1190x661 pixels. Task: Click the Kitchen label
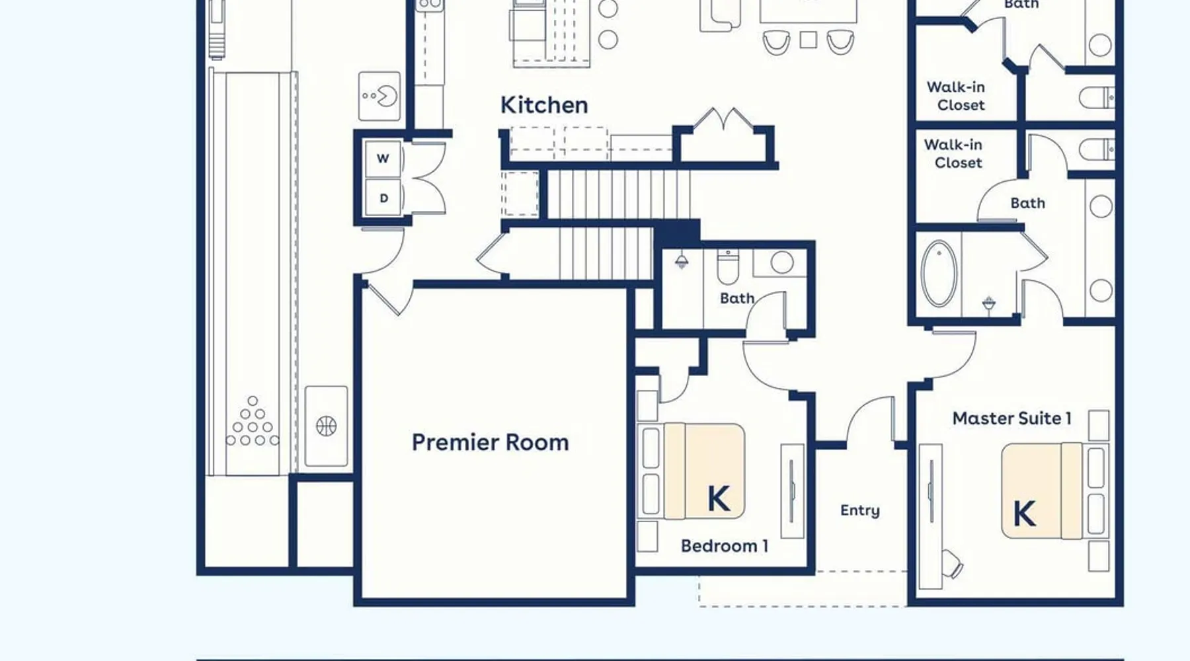544,105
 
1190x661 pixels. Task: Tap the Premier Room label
490,442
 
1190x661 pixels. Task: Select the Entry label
860,510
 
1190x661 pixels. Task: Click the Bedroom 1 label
725,546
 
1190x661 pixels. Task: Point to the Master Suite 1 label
1011,418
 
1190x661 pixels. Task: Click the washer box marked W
383,159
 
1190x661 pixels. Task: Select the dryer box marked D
383,198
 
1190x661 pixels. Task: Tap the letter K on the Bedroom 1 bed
719,499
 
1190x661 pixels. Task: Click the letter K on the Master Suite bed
1024,514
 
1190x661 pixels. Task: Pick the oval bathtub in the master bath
939,274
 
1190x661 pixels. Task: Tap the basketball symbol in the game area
326,426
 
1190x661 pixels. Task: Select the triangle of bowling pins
253,421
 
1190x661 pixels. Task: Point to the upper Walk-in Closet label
957,96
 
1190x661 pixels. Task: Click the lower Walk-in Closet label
953,153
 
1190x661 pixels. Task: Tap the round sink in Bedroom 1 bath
782,262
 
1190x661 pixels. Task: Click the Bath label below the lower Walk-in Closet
1027,204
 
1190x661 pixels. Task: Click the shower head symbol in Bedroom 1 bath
682,261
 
